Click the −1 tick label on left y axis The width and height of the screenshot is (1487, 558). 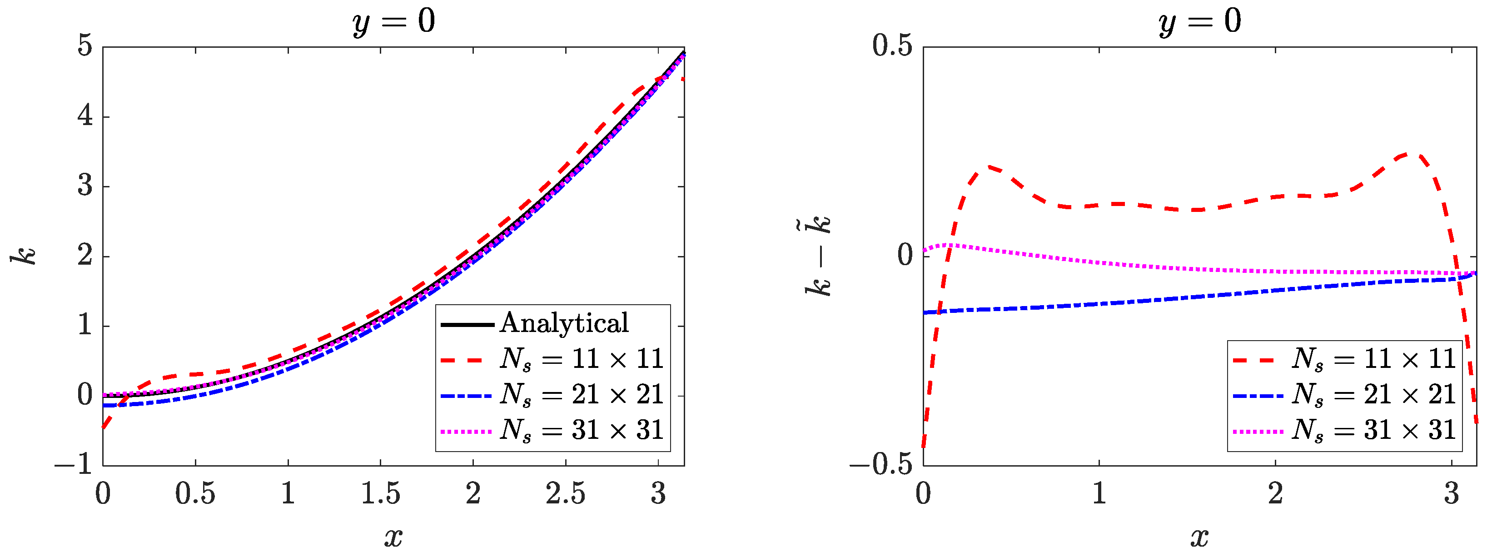coord(74,464)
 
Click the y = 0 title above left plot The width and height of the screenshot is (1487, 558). coord(394,22)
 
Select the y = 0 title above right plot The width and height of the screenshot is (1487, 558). coord(1199,22)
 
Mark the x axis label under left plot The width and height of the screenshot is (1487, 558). coord(394,537)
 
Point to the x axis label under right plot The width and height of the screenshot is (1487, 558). coord(1199,537)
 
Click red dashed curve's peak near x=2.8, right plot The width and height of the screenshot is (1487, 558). coord(1409,154)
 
